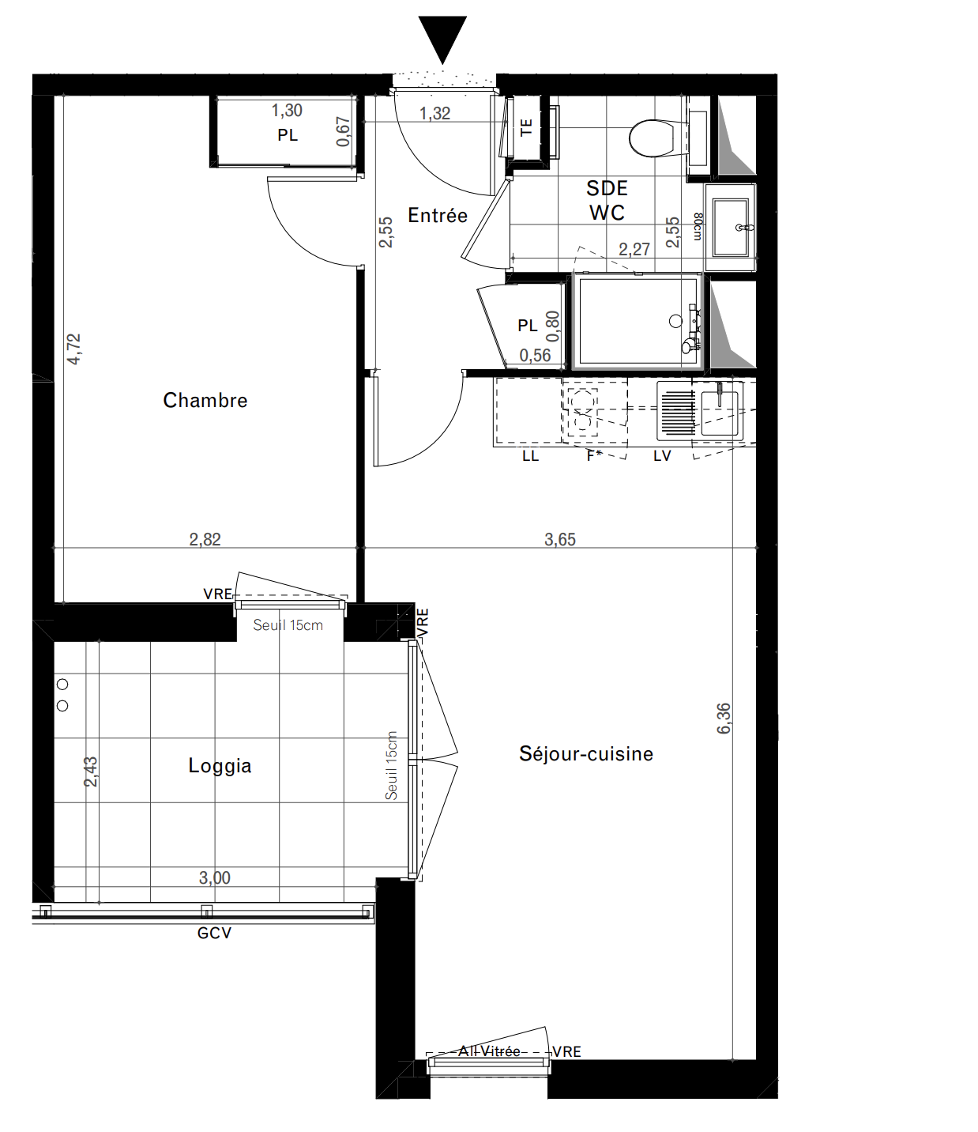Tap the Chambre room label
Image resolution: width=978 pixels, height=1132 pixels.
[x=205, y=400]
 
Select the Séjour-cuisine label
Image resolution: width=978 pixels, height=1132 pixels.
[x=586, y=754]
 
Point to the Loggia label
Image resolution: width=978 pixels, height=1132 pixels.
[x=220, y=766]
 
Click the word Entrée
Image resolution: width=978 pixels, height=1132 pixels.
[x=438, y=215]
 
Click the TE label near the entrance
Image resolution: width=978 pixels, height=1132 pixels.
[x=526, y=128]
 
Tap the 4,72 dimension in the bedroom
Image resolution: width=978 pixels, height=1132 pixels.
[x=73, y=349]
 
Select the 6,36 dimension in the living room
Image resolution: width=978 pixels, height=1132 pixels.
[x=723, y=719]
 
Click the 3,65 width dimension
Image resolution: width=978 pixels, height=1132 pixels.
[x=560, y=540]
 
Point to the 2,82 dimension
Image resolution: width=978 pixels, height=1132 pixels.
[x=205, y=540]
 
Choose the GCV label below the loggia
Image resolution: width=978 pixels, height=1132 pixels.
[x=215, y=934]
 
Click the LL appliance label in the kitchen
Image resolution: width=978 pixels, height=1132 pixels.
[x=530, y=456]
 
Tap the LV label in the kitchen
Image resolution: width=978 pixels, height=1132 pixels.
[x=662, y=456]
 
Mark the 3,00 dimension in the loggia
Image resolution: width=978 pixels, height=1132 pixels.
[x=215, y=878]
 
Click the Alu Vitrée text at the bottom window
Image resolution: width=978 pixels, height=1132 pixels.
[x=489, y=1051]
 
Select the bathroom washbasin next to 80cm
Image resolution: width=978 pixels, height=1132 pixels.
[x=731, y=228]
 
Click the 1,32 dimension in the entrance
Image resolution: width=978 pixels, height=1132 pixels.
[x=434, y=113]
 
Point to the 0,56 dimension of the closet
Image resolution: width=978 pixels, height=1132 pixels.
[x=535, y=356]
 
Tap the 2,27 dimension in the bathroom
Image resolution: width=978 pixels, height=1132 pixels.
[x=634, y=250]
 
